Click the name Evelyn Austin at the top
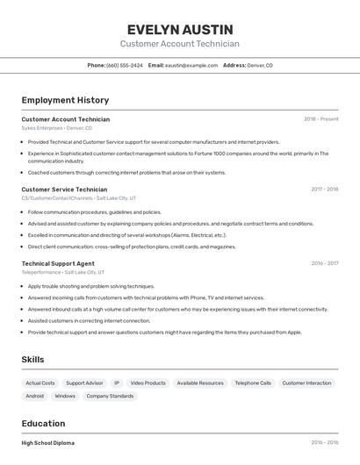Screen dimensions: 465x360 179,29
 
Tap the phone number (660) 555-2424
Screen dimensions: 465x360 124,65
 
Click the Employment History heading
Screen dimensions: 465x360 65,101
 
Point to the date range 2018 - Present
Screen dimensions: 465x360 320,119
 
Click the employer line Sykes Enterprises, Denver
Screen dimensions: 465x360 56,128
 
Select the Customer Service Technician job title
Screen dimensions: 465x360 64,190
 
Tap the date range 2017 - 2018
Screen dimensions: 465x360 324,190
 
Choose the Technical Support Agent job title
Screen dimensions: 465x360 58,263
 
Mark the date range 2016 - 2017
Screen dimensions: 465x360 324,263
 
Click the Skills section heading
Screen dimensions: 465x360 33,360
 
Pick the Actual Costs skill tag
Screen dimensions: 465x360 40,383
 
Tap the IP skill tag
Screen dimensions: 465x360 117,383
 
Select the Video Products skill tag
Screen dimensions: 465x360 148,383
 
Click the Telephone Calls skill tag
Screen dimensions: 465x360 253,383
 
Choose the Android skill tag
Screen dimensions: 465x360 35,397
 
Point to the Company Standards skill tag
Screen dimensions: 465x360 110,397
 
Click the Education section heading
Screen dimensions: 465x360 44,423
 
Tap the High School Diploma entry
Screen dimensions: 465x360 48,443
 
